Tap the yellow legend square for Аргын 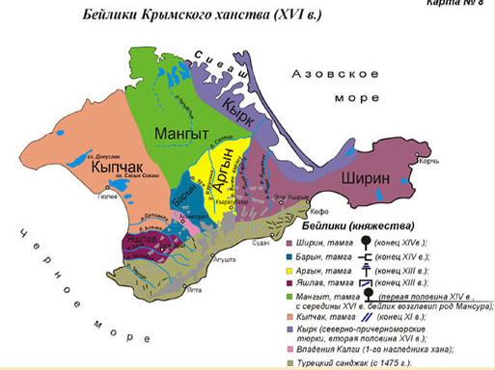pos(290,271)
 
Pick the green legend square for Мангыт pos(290,296)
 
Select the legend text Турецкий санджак pos(344,361)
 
